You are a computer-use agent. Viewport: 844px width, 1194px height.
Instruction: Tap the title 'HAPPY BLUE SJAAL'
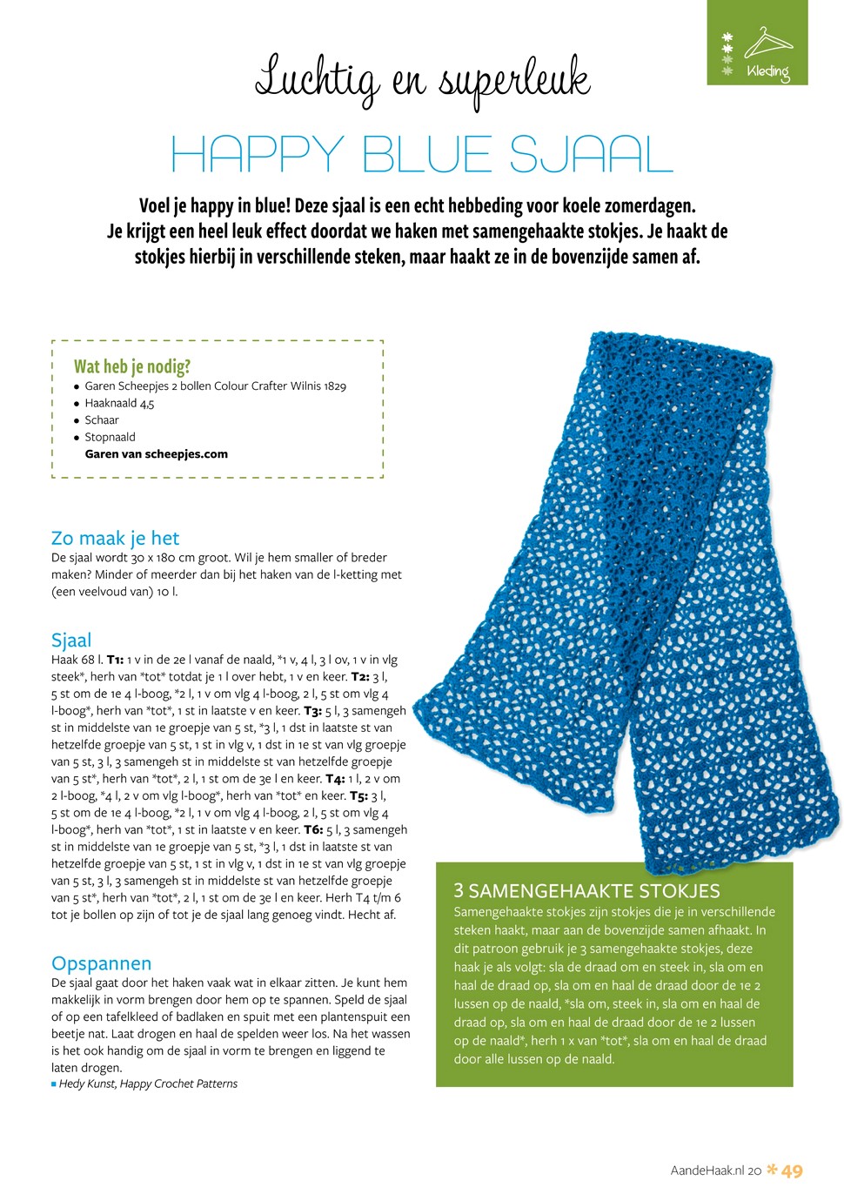coord(422,155)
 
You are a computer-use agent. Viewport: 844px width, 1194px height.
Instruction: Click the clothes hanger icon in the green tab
coord(767,41)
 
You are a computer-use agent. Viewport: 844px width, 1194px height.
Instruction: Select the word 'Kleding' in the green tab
coord(767,71)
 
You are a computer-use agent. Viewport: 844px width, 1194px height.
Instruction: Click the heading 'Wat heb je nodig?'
coord(132,366)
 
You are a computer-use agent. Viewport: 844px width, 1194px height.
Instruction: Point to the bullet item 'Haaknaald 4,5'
coord(119,403)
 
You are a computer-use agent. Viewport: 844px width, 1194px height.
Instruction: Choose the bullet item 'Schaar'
coord(102,419)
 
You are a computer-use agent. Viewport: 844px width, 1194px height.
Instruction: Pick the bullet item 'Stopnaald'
coord(110,437)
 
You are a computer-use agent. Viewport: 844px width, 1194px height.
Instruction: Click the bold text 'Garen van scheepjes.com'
coord(157,453)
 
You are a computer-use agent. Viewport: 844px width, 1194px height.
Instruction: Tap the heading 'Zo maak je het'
coord(115,538)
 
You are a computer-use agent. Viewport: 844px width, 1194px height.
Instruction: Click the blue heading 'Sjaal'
coord(71,640)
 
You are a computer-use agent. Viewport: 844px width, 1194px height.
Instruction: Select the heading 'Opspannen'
coord(101,963)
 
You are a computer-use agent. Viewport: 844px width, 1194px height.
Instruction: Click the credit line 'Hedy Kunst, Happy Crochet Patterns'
coord(148,1083)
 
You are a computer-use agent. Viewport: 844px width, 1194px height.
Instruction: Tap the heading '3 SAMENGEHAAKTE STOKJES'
coord(587,890)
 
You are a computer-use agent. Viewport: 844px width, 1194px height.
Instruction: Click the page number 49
coord(792,1171)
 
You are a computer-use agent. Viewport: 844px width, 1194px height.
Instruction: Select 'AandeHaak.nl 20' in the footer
coord(716,1171)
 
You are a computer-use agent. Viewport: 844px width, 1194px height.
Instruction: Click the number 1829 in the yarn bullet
coord(335,386)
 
